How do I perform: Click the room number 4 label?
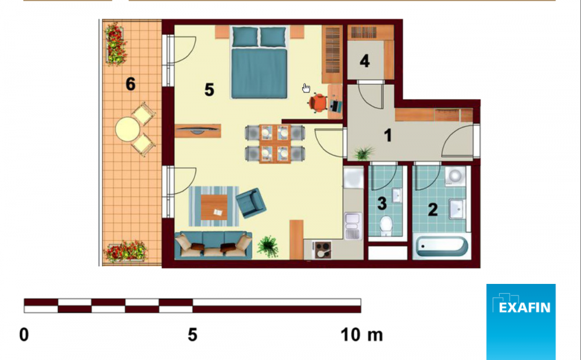(x=365, y=61)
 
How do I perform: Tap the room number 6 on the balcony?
(x=130, y=84)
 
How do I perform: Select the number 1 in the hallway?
(x=388, y=135)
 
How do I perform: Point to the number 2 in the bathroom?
(x=433, y=210)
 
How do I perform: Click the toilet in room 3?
(x=386, y=225)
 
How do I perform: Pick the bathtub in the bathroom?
(x=442, y=247)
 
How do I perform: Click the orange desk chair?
(x=318, y=103)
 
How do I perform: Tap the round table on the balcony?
(x=127, y=129)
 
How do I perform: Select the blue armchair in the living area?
(x=251, y=203)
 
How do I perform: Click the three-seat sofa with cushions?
(x=213, y=245)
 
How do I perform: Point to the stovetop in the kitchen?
(x=322, y=250)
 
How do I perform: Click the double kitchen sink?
(x=353, y=225)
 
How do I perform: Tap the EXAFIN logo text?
(x=524, y=307)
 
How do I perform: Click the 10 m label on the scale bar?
(x=361, y=335)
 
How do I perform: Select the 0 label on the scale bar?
(x=24, y=335)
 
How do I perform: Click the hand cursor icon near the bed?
(x=306, y=88)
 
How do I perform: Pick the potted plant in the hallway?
(x=364, y=153)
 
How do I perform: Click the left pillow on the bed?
(x=245, y=37)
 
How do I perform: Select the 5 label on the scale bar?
(x=192, y=335)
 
